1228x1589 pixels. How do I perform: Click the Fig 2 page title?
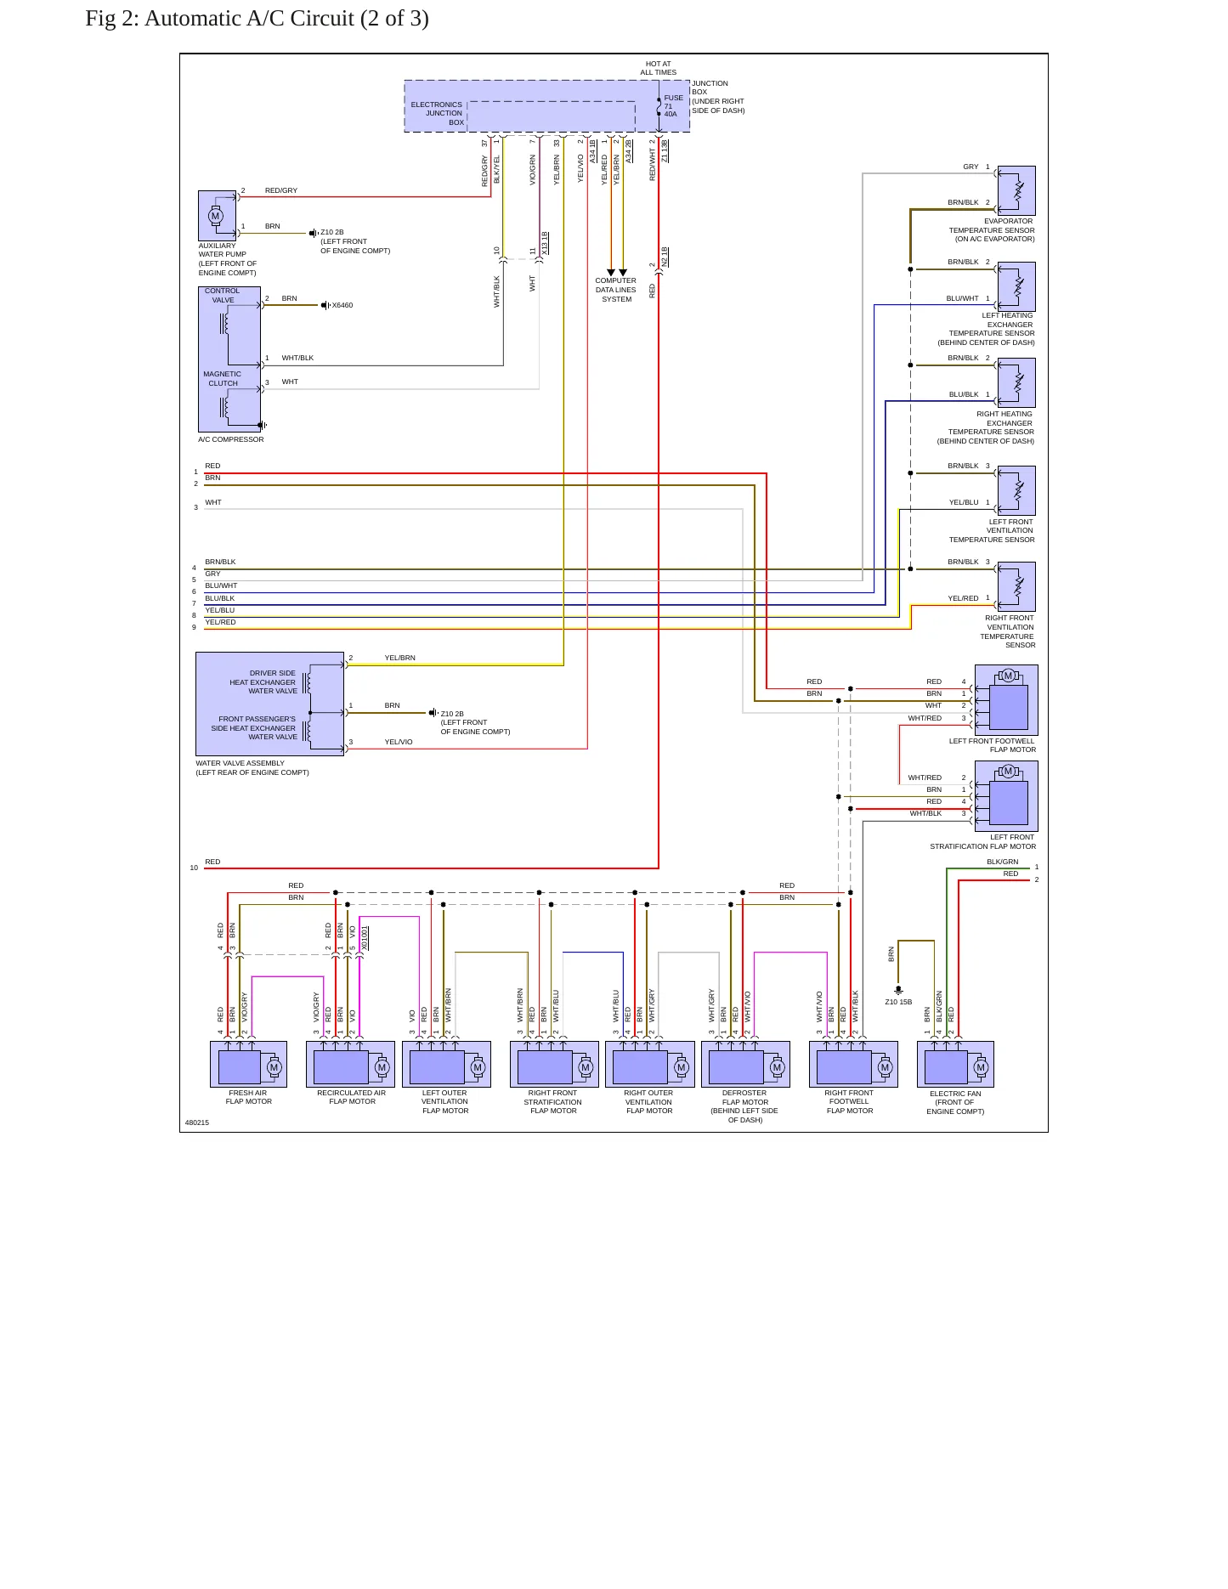point(257,19)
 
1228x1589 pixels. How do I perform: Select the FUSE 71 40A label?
point(673,105)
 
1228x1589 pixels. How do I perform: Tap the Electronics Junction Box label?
point(438,113)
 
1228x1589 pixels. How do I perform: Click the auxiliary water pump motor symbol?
point(216,216)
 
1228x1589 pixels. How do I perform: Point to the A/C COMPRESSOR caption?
point(231,439)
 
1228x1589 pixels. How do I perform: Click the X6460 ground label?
point(342,305)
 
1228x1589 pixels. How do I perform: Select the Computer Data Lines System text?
point(616,290)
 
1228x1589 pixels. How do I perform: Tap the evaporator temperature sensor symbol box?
point(1016,190)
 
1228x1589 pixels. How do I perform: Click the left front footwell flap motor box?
point(1006,700)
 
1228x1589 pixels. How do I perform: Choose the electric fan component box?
point(955,1064)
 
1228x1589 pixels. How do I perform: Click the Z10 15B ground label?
point(898,1002)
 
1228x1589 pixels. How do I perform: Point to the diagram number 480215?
point(197,1122)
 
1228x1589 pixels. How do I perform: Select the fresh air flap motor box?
point(248,1064)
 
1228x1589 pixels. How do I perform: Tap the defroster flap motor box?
point(745,1064)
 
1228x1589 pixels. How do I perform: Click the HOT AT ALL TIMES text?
point(659,68)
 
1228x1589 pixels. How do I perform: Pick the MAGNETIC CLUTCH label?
point(223,378)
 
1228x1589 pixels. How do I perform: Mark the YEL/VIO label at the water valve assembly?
point(399,742)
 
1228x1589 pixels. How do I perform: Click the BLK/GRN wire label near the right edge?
point(1003,862)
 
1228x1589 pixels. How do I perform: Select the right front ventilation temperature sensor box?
point(1016,586)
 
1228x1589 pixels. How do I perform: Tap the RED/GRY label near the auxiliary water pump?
point(281,190)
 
